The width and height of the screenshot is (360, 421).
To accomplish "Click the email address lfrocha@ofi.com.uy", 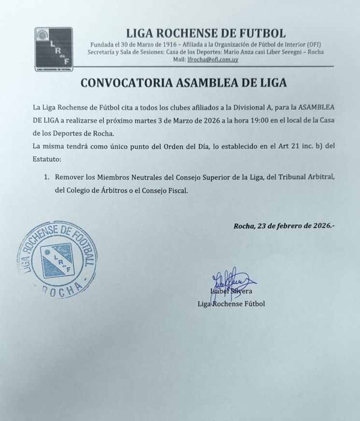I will (212, 59).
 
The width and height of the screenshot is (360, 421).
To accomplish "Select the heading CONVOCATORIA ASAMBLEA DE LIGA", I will (184, 82).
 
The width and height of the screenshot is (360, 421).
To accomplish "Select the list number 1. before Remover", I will (47, 178).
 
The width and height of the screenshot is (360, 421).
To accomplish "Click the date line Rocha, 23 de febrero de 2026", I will (283, 225).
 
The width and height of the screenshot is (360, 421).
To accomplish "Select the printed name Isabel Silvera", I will (231, 291).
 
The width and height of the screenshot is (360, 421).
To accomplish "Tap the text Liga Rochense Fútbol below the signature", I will (231, 304).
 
